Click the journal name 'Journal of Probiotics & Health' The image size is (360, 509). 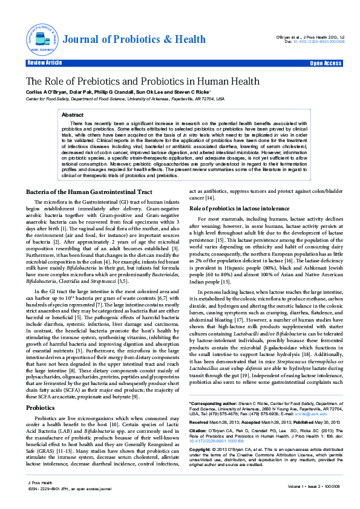click(134, 39)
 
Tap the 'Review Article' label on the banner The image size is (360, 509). click(44, 63)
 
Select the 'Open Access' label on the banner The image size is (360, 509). click(326, 63)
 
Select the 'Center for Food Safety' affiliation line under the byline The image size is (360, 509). click(125, 98)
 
